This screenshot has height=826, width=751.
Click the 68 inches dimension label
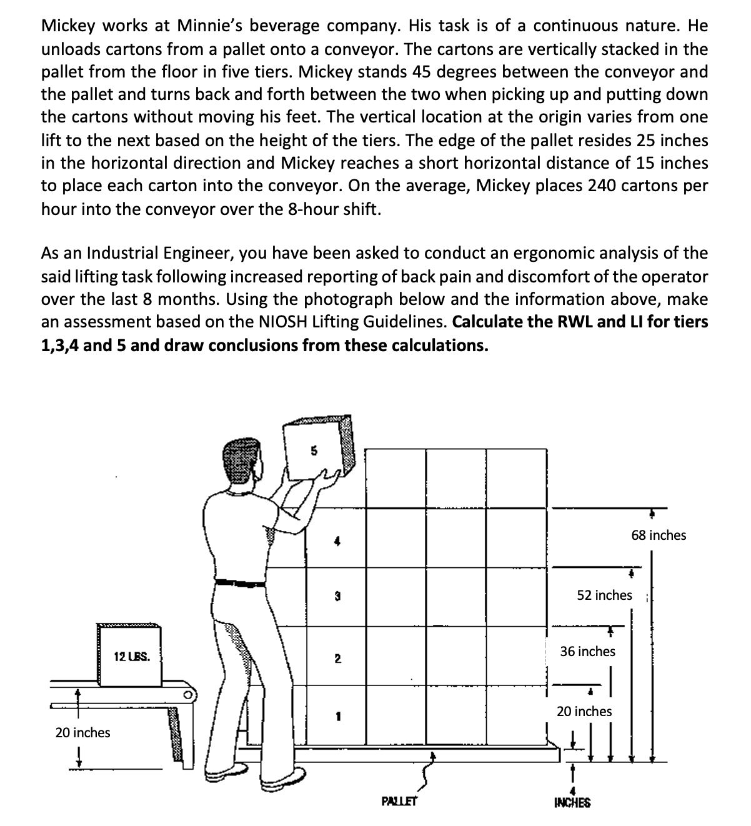point(659,535)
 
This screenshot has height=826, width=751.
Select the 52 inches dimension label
point(604,595)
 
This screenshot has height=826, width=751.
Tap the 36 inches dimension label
point(587,651)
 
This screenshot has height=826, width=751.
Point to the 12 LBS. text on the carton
point(131,657)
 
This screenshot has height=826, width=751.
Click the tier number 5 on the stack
point(314,449)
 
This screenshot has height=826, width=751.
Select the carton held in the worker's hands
point(317,449)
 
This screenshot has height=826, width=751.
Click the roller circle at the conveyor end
point(186,694)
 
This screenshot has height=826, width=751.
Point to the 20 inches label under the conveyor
point(82,732)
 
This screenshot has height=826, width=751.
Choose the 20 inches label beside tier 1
point(584,711)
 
